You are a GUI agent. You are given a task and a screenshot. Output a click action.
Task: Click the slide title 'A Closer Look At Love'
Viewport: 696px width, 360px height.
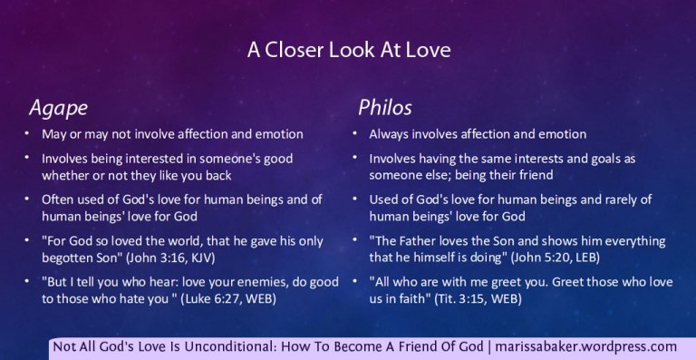click(x=349, y=51)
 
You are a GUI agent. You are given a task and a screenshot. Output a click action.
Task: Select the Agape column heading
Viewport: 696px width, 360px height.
click(x=58, y=107)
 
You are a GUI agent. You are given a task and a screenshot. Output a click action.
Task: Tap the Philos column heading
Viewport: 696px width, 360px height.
click(x=385, y=107)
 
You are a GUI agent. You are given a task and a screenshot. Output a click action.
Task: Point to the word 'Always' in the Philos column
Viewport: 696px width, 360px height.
click(x=389, y=134)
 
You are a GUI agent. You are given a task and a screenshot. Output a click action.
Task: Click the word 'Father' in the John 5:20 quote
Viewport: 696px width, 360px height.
click(x=419, y=242)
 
